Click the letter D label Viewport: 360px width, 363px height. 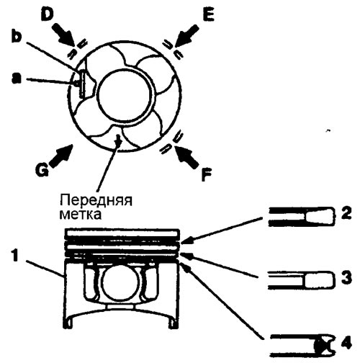coord(48,15)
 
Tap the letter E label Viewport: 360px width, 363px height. coord(208,16)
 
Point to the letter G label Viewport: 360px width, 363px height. coord(42,170)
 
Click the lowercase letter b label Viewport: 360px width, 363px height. coord(17,37)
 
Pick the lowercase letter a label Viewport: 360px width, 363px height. coord(17,79)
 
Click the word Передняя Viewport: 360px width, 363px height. coord(96,200)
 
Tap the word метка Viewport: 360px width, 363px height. coord(81,215)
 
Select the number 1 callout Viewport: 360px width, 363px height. coord(15,256)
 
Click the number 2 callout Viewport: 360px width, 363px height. coord(346,212)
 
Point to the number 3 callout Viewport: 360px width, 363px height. coord(346,277)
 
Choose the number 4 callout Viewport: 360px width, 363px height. coord(346,343)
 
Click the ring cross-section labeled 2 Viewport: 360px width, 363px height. coord(301,217)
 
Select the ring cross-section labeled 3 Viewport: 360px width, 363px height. coord(301,280)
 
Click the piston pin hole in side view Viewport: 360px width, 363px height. coord(120,284)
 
